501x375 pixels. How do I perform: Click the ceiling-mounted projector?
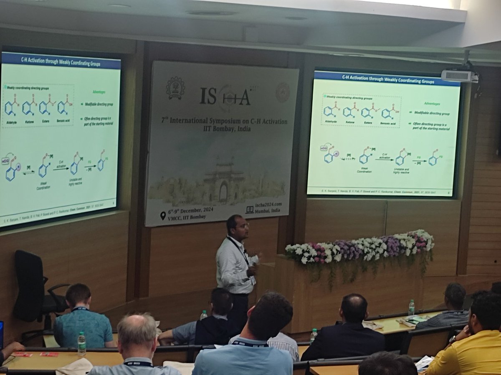[x=458, y=75]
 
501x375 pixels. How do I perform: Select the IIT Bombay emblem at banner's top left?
[x=175, y=87]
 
